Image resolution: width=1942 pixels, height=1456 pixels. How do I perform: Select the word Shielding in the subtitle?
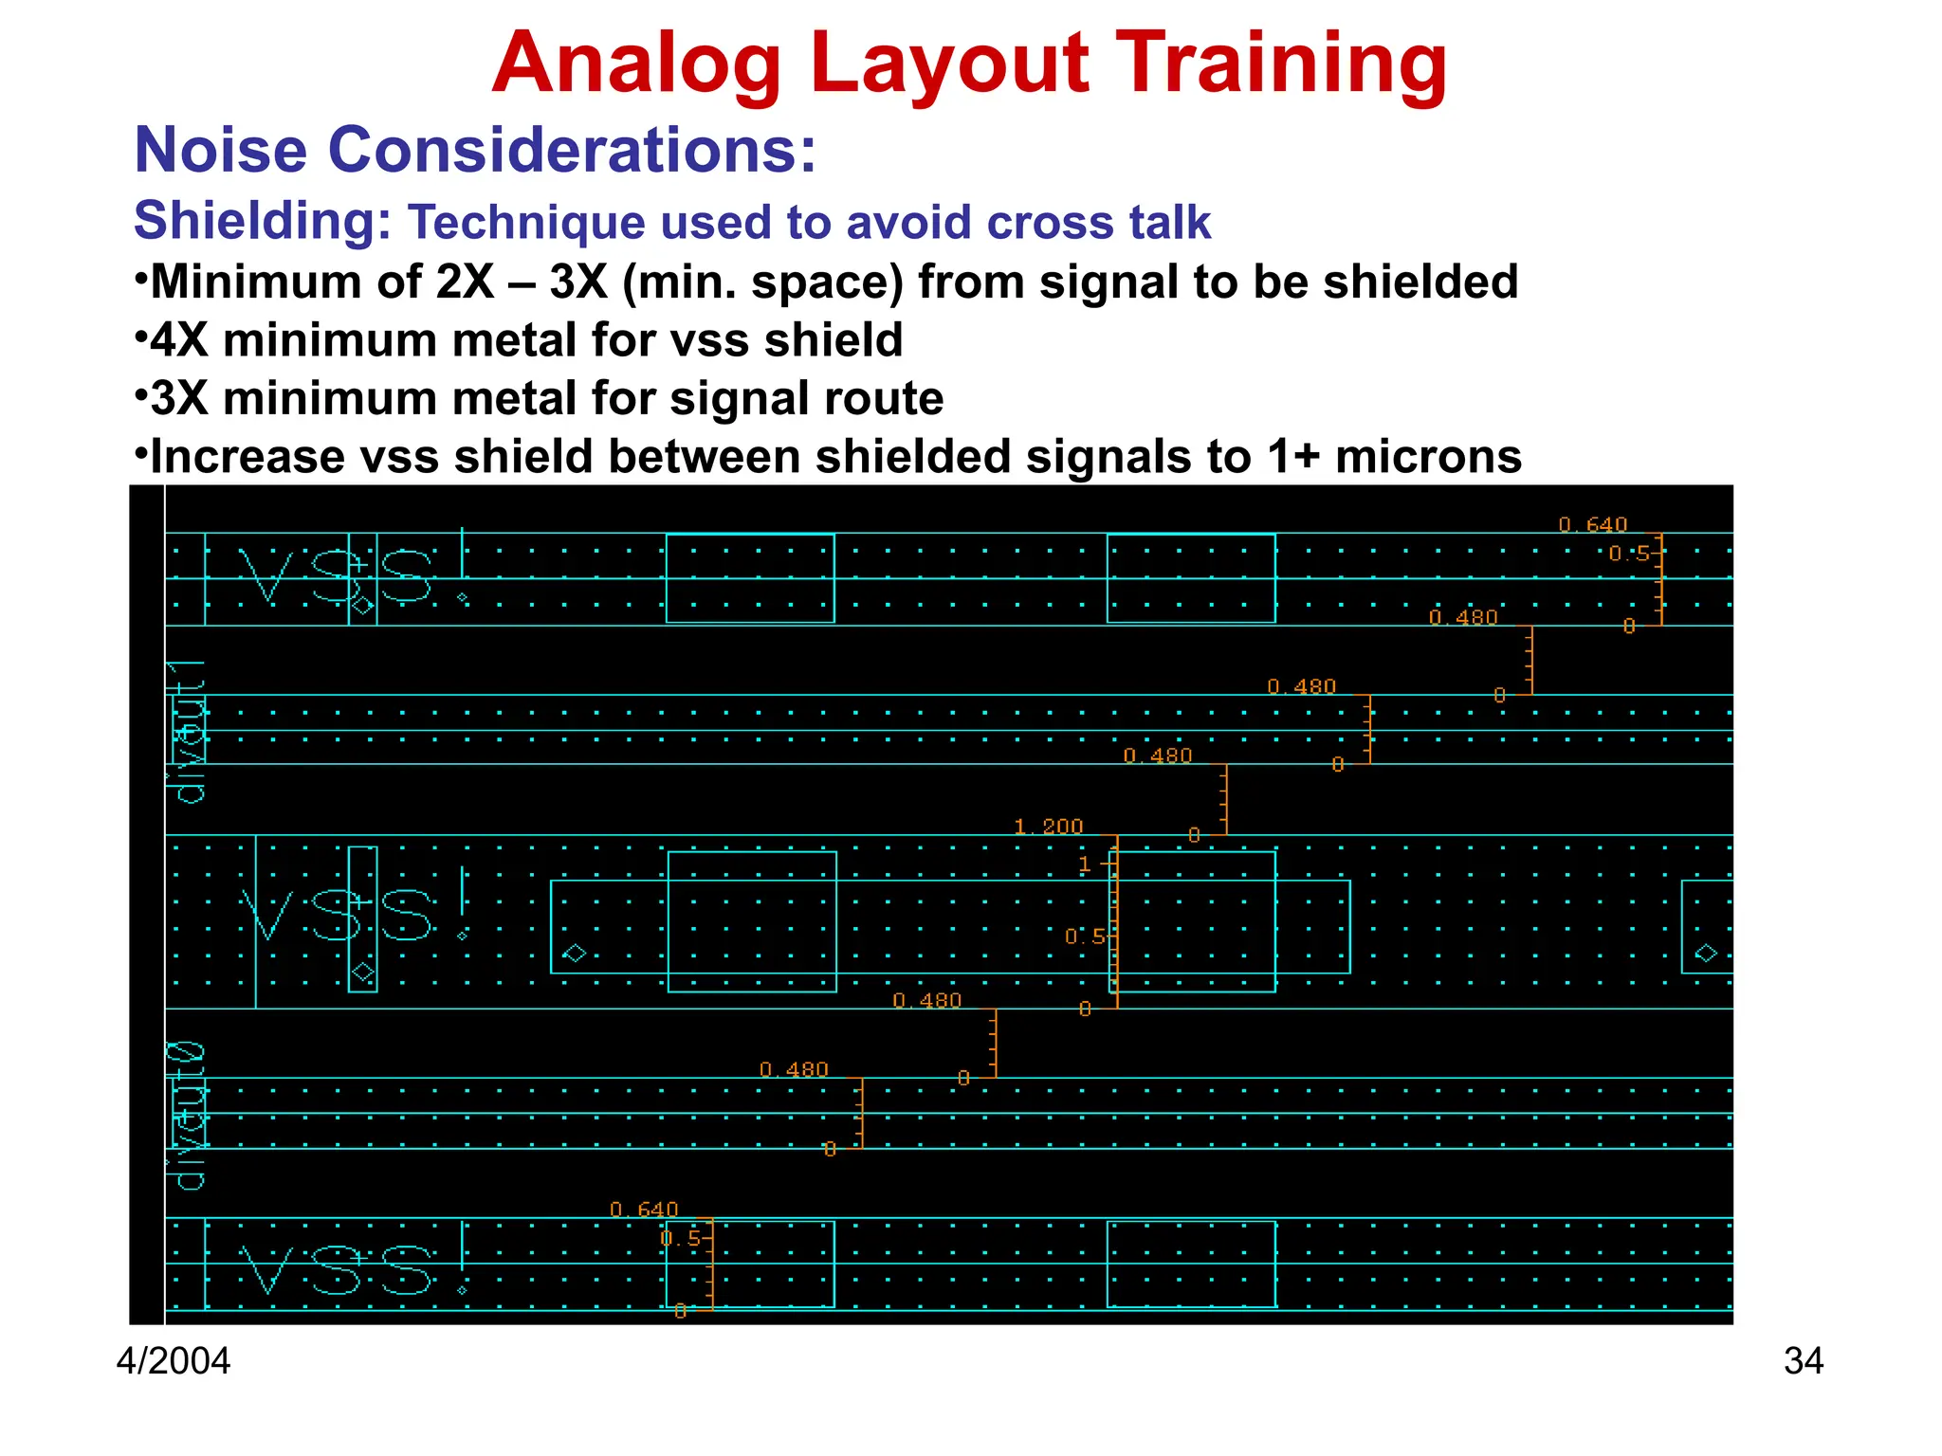coord(262,222)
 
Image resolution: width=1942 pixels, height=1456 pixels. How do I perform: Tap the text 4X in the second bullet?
coord(179,340)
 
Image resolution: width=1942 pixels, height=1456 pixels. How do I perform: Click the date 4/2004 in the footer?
coord(173,1361)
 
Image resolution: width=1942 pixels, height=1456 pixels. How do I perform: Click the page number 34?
coord(1803,1361)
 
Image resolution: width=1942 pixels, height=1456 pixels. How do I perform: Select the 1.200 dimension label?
coord(1048,827)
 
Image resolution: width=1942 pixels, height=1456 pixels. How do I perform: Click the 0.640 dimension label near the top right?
coord(1593,524)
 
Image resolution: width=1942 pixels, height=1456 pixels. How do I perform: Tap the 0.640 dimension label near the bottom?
coord(644,1210)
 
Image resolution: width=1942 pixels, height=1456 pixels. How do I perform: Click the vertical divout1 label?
coord(189,732)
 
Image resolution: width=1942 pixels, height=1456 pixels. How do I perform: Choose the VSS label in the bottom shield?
coord(337,1270)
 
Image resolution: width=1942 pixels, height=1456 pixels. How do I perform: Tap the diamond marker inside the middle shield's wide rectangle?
coord(575,953)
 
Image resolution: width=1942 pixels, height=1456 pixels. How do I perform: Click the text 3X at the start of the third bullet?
coord(179,399)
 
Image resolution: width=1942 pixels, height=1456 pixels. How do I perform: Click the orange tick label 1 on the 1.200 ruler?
coord(1085,864)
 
